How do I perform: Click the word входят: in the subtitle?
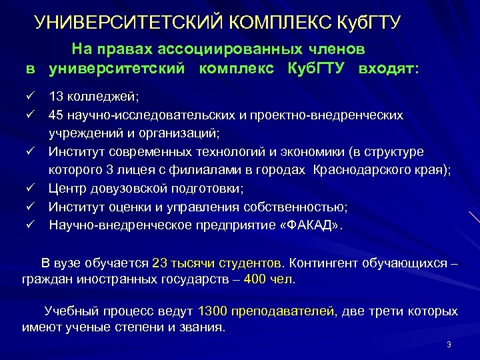coord(388,69)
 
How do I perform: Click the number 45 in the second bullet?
coord(55,115)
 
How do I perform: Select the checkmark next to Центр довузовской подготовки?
coord(30,188)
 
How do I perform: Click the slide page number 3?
coord(449,345)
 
